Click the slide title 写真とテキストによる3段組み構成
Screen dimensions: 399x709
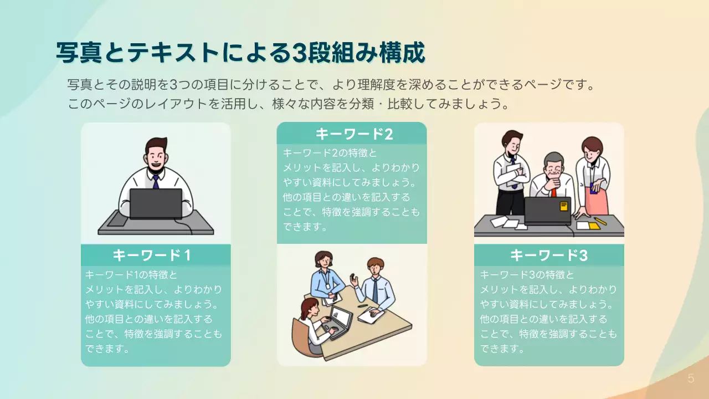pos(240,53)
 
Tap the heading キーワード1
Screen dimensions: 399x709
pos(152,255)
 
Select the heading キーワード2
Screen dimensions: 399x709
pos(354,134)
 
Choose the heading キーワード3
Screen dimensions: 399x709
pos(548,255)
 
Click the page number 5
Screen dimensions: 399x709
pos(690,379)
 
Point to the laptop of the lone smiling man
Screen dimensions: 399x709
pos(156,203)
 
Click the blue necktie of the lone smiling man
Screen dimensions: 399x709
pos(156,181)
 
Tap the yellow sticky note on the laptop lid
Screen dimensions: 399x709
pos(564,206)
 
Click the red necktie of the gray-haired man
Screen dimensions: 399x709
pos(553,192)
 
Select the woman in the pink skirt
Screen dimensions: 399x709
pos(594,177)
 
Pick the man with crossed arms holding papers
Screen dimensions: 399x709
pos(510,172)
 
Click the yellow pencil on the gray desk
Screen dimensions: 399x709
pos(600,221)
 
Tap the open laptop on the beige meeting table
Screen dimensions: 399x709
pos(340,320)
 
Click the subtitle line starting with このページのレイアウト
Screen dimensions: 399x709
pos(288,104)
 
